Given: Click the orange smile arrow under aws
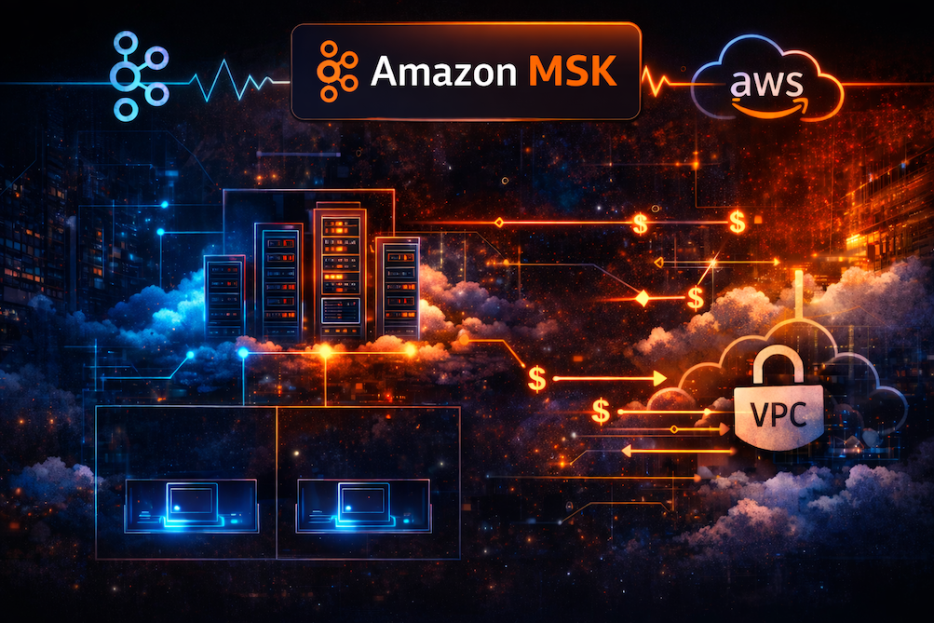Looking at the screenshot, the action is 765,104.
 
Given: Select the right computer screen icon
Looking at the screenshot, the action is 363,504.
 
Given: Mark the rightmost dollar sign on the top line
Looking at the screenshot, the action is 737,222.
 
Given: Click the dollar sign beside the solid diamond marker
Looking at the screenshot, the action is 695,298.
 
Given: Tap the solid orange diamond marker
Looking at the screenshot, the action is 642,298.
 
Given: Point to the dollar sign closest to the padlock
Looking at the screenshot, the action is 602,409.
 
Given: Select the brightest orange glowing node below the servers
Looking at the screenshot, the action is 325,352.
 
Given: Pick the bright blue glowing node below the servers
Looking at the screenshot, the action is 243,354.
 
